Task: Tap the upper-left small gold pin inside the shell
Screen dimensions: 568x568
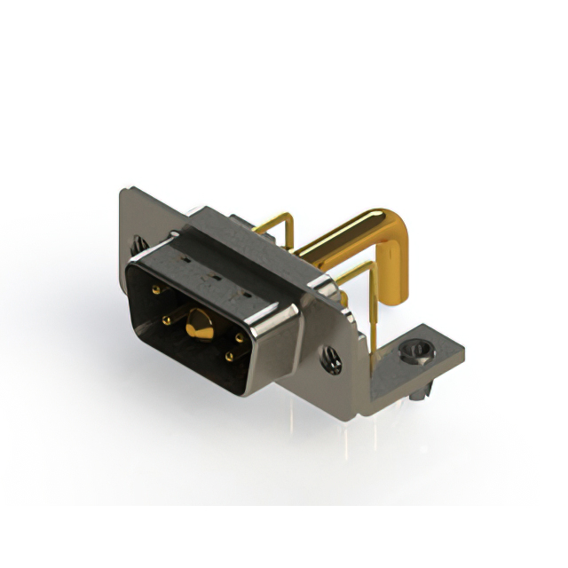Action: point(156,290)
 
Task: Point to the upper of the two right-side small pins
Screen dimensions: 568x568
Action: point(240,337)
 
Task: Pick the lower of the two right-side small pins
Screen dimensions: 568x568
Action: point(230,357)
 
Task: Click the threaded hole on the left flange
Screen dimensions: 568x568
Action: point(139,242)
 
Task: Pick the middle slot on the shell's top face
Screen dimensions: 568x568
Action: point(212,276)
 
